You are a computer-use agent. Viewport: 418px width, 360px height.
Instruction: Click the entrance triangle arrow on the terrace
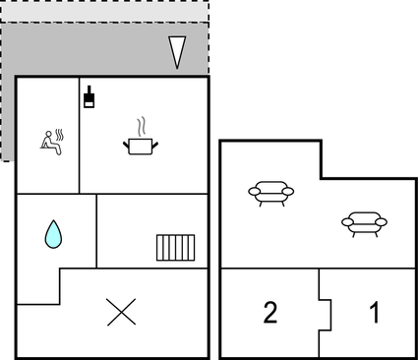[177, 51]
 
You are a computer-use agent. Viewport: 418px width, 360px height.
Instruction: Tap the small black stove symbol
[90, 96]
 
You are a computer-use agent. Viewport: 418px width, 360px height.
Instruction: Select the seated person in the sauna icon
[46, 142]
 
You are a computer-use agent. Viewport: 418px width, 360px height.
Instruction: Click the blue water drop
[53, 234]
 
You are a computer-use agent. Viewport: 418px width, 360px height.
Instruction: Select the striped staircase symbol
[175, 246]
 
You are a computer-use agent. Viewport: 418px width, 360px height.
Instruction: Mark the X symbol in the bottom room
[120, 313]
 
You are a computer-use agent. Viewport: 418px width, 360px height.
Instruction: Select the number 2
[269, 314]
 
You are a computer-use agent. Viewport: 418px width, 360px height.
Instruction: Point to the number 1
[374, 314]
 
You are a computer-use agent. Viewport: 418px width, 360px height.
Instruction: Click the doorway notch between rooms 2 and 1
[326, 313]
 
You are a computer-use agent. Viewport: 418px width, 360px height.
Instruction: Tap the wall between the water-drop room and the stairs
[96, 231]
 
